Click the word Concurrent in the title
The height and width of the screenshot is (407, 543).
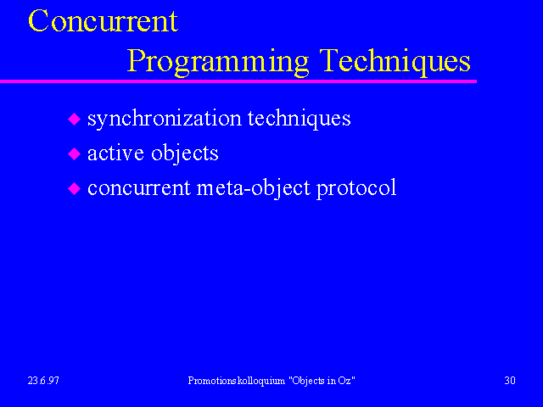[104, 20]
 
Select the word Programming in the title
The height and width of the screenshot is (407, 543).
[218, 62]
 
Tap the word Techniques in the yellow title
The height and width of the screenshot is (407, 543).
[395, 61]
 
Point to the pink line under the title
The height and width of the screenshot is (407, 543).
[238, 81]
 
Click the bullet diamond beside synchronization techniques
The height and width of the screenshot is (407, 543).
[74, 119]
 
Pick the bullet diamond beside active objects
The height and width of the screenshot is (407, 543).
[74, 153]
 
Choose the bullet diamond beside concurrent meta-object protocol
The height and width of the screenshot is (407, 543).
[74, 188]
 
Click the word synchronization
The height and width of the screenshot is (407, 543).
[165, 119]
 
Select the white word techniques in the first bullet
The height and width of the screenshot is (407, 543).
[299, 119]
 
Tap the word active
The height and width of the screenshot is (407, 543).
[115, 153]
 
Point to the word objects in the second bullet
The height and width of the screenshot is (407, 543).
[185, 154]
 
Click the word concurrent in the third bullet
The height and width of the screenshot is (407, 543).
[139, 188]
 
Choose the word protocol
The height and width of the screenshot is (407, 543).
[356, 188]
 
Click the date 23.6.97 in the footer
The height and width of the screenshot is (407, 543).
[43, 381]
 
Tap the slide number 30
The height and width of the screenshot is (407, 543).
[510, 381]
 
